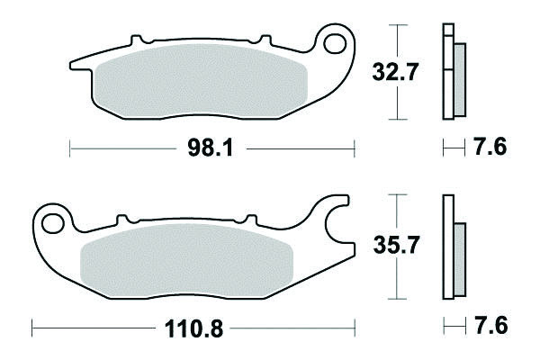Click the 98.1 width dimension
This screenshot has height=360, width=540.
(211, 148)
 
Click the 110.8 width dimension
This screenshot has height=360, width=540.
(193, 328)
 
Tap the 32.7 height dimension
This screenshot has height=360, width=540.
(395, 72)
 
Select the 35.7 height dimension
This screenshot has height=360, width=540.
(396, 245)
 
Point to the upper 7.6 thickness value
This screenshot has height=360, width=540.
(490, 147)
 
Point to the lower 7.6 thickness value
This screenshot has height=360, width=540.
(491, 326)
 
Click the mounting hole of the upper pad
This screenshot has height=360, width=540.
(335, 43)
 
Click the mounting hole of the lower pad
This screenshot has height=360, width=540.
(53, 223)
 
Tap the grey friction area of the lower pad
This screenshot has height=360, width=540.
(186, 261)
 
